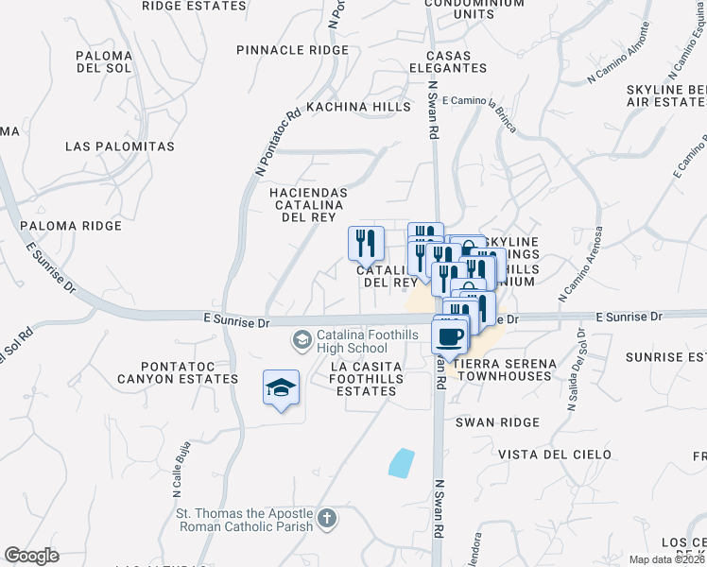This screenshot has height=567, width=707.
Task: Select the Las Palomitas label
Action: (120, 146)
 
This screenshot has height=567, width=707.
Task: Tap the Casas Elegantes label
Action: (448, 60)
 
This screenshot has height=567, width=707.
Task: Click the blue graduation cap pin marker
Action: (281, 387)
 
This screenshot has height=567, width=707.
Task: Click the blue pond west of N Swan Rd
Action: (401, 462)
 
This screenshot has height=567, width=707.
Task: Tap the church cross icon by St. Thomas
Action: (326, 518)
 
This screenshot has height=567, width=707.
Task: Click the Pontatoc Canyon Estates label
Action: (177, 371)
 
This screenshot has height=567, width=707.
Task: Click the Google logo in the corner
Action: (32, 556)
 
